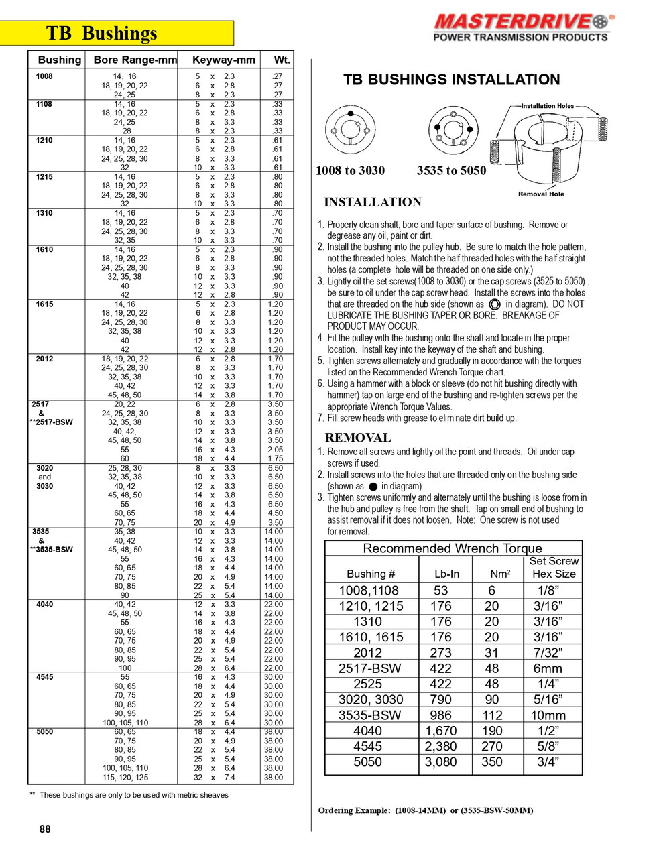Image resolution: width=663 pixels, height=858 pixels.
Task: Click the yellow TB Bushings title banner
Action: coord(117,33)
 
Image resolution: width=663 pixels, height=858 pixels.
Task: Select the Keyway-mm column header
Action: coord(223,60)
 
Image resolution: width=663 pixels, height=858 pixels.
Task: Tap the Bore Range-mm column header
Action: coord(135,60)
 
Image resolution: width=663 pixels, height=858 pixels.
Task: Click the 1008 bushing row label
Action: coord(44,76)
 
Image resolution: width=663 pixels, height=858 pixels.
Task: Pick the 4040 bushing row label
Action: coord(44,605)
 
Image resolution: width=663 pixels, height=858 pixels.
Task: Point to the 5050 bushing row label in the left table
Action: coord(44,732)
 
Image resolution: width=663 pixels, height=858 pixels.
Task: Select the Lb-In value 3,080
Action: coord(440,762)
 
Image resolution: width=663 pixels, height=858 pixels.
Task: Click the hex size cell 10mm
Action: coord(548,715)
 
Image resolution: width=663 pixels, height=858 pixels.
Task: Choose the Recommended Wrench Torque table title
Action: coord(452,548)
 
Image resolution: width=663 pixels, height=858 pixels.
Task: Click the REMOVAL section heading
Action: coord(357,438)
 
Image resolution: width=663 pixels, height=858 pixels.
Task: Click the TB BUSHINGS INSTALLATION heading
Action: coord(451,80)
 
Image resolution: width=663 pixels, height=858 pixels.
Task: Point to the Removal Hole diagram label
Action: coord(541,194)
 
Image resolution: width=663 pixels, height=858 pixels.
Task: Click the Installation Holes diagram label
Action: coord(547,106)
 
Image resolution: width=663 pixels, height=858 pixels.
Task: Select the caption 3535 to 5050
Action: coord(451,170)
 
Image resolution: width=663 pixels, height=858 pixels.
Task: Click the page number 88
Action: coord(45,829)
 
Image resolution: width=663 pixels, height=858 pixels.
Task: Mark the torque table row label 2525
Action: coord(367,684)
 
